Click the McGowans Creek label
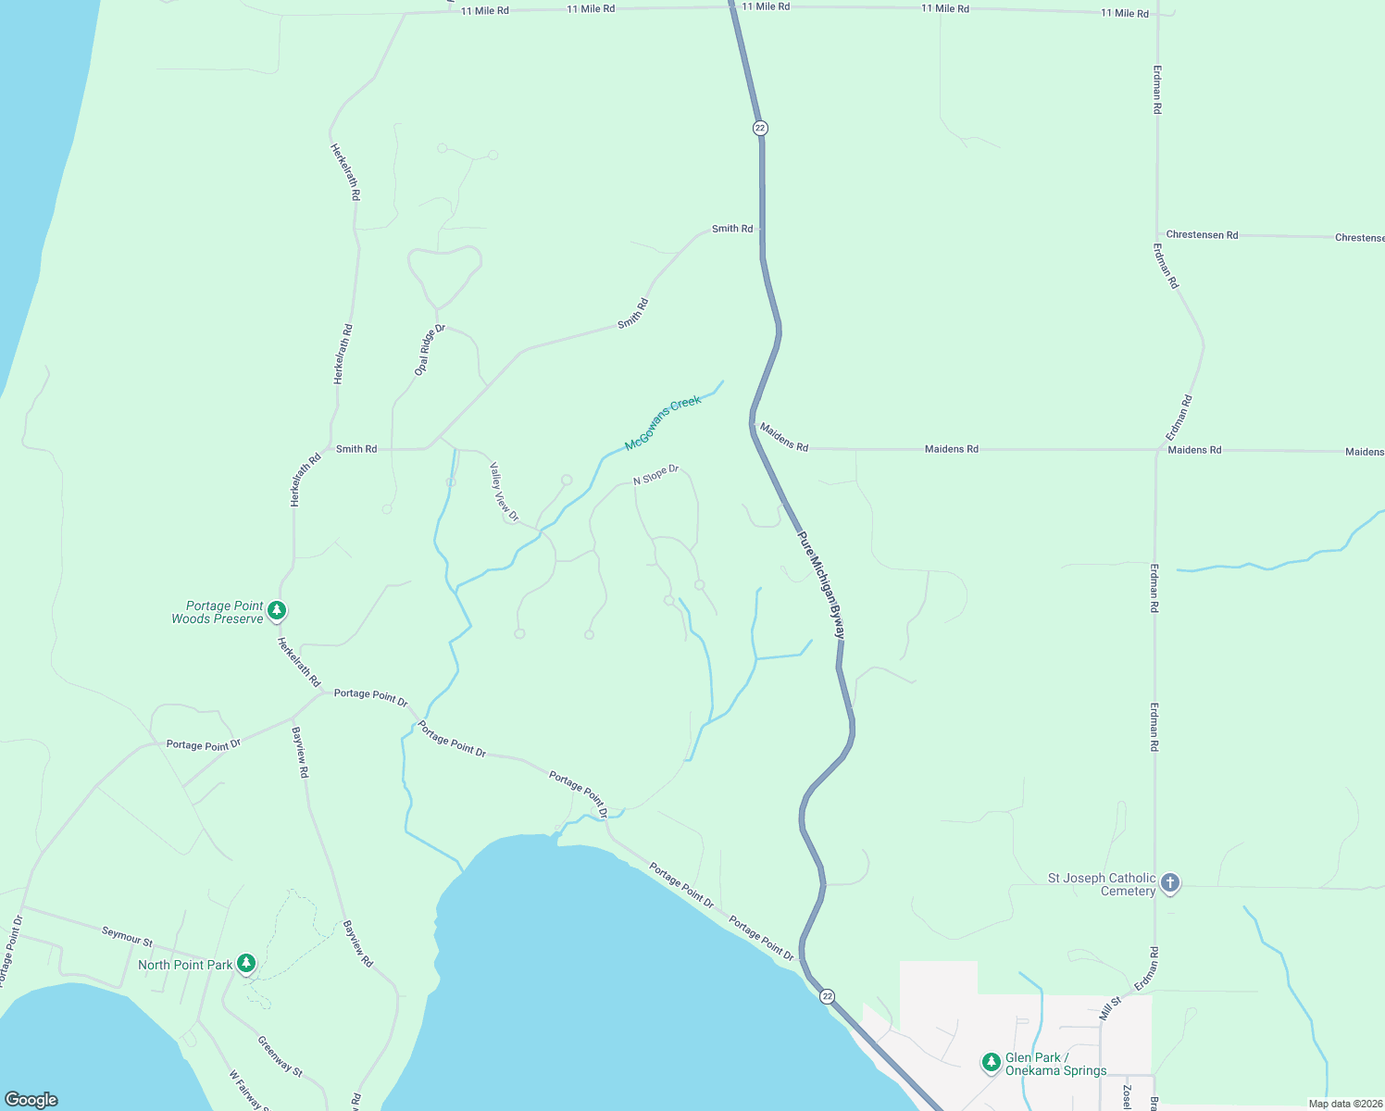tap(663, 423)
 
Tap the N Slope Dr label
tap(655, 475)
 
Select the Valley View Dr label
tap(504, 491)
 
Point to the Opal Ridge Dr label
tap(430, 350)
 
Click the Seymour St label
tap(127, 937)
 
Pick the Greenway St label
tap(280, 1056)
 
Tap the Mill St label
tap(1110, 1008)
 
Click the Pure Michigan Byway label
tap(822, 585)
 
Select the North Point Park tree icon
tap(245, 964)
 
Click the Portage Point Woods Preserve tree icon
tap(276, 611)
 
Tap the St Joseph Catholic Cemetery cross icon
tap(1170, 883)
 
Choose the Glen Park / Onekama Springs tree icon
tap(992, 1061)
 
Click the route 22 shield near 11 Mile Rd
tap(760, 128)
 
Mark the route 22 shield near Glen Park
tap(827, 996)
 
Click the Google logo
tap(31, 1099)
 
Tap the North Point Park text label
tap(185, 965)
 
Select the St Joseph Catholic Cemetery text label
tap(1101, 884)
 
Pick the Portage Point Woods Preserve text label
tap(218, 612)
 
